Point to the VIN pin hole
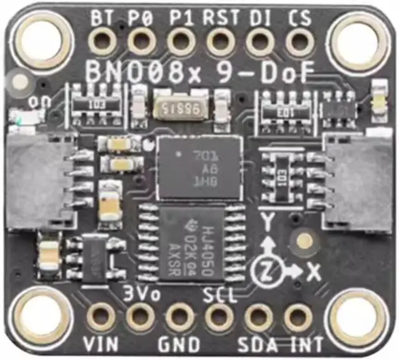(101, 317)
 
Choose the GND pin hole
(180, 317)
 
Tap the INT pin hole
(298, 317)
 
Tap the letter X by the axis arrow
(314, 272)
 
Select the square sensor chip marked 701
(199, 166)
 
